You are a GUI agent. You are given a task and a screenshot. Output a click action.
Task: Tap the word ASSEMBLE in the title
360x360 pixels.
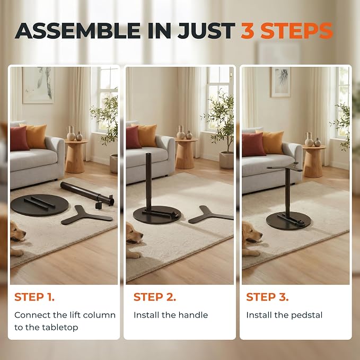pos(77,31)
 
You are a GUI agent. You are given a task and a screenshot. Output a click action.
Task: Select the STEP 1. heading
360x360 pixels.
pos(34,297)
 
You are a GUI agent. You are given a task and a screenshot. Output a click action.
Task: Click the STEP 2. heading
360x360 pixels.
pos(155,297)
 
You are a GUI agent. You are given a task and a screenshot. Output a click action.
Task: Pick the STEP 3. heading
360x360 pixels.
pos(267,297)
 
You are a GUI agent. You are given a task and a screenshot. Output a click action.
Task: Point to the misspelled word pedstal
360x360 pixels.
pos(306,315)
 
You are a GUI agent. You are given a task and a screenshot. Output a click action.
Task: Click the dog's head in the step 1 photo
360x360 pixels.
pos(17,231)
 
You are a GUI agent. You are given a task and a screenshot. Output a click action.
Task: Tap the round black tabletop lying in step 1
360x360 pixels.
pos(39,205)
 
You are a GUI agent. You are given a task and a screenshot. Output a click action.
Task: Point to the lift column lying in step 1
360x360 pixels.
pos(87,194)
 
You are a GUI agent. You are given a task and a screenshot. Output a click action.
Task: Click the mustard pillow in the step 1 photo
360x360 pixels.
pos(36,136)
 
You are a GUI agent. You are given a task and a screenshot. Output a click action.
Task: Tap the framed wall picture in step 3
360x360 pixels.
pos(280,82)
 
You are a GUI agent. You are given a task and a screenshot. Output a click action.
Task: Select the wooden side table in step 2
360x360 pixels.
pos(186,153)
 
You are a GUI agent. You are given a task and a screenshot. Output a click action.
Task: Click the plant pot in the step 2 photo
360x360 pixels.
pos(226,160)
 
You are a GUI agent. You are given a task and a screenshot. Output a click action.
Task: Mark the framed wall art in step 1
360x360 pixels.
pos(39,85)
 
